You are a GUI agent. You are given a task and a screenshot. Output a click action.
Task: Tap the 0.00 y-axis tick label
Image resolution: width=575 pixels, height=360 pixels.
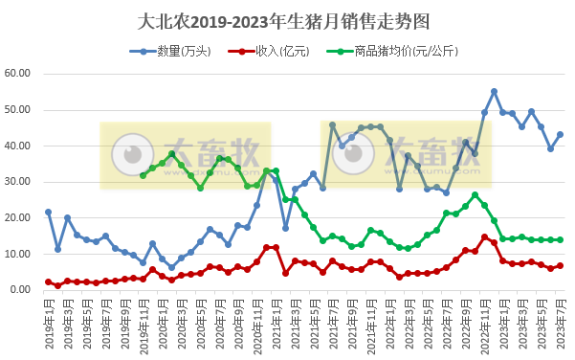[x=24, y=290]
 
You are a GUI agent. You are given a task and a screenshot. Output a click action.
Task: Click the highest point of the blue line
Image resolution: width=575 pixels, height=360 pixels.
[x=494, y=92]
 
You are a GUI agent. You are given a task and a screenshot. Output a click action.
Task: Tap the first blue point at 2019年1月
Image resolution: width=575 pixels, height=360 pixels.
[x=49, y=213]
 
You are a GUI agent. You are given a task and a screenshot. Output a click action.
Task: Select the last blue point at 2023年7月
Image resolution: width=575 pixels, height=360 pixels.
[x=560, y=135]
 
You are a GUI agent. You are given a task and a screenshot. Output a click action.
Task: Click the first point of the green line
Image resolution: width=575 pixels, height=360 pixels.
[x=144, y=175]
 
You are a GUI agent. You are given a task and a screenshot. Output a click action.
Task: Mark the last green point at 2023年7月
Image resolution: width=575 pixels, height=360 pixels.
[x=560, y=239]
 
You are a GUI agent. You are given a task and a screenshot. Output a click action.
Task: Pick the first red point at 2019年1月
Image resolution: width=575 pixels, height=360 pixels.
[x=49, y=281]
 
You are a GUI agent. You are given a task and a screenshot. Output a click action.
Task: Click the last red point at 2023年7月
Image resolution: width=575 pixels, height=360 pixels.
[x=560, y=265]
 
